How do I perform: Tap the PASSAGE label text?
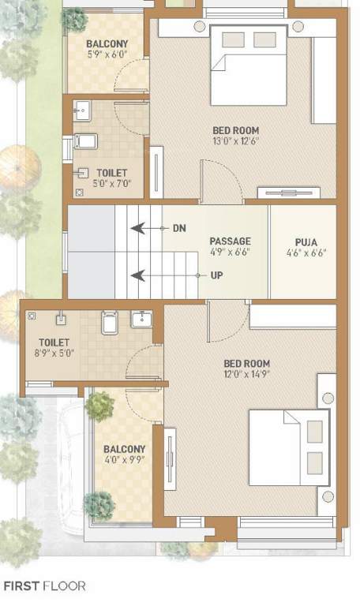[230, 241]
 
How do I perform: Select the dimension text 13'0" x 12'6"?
[235, 141]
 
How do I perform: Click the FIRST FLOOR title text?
[45, 586]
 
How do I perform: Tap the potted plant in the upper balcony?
[75, 19]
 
